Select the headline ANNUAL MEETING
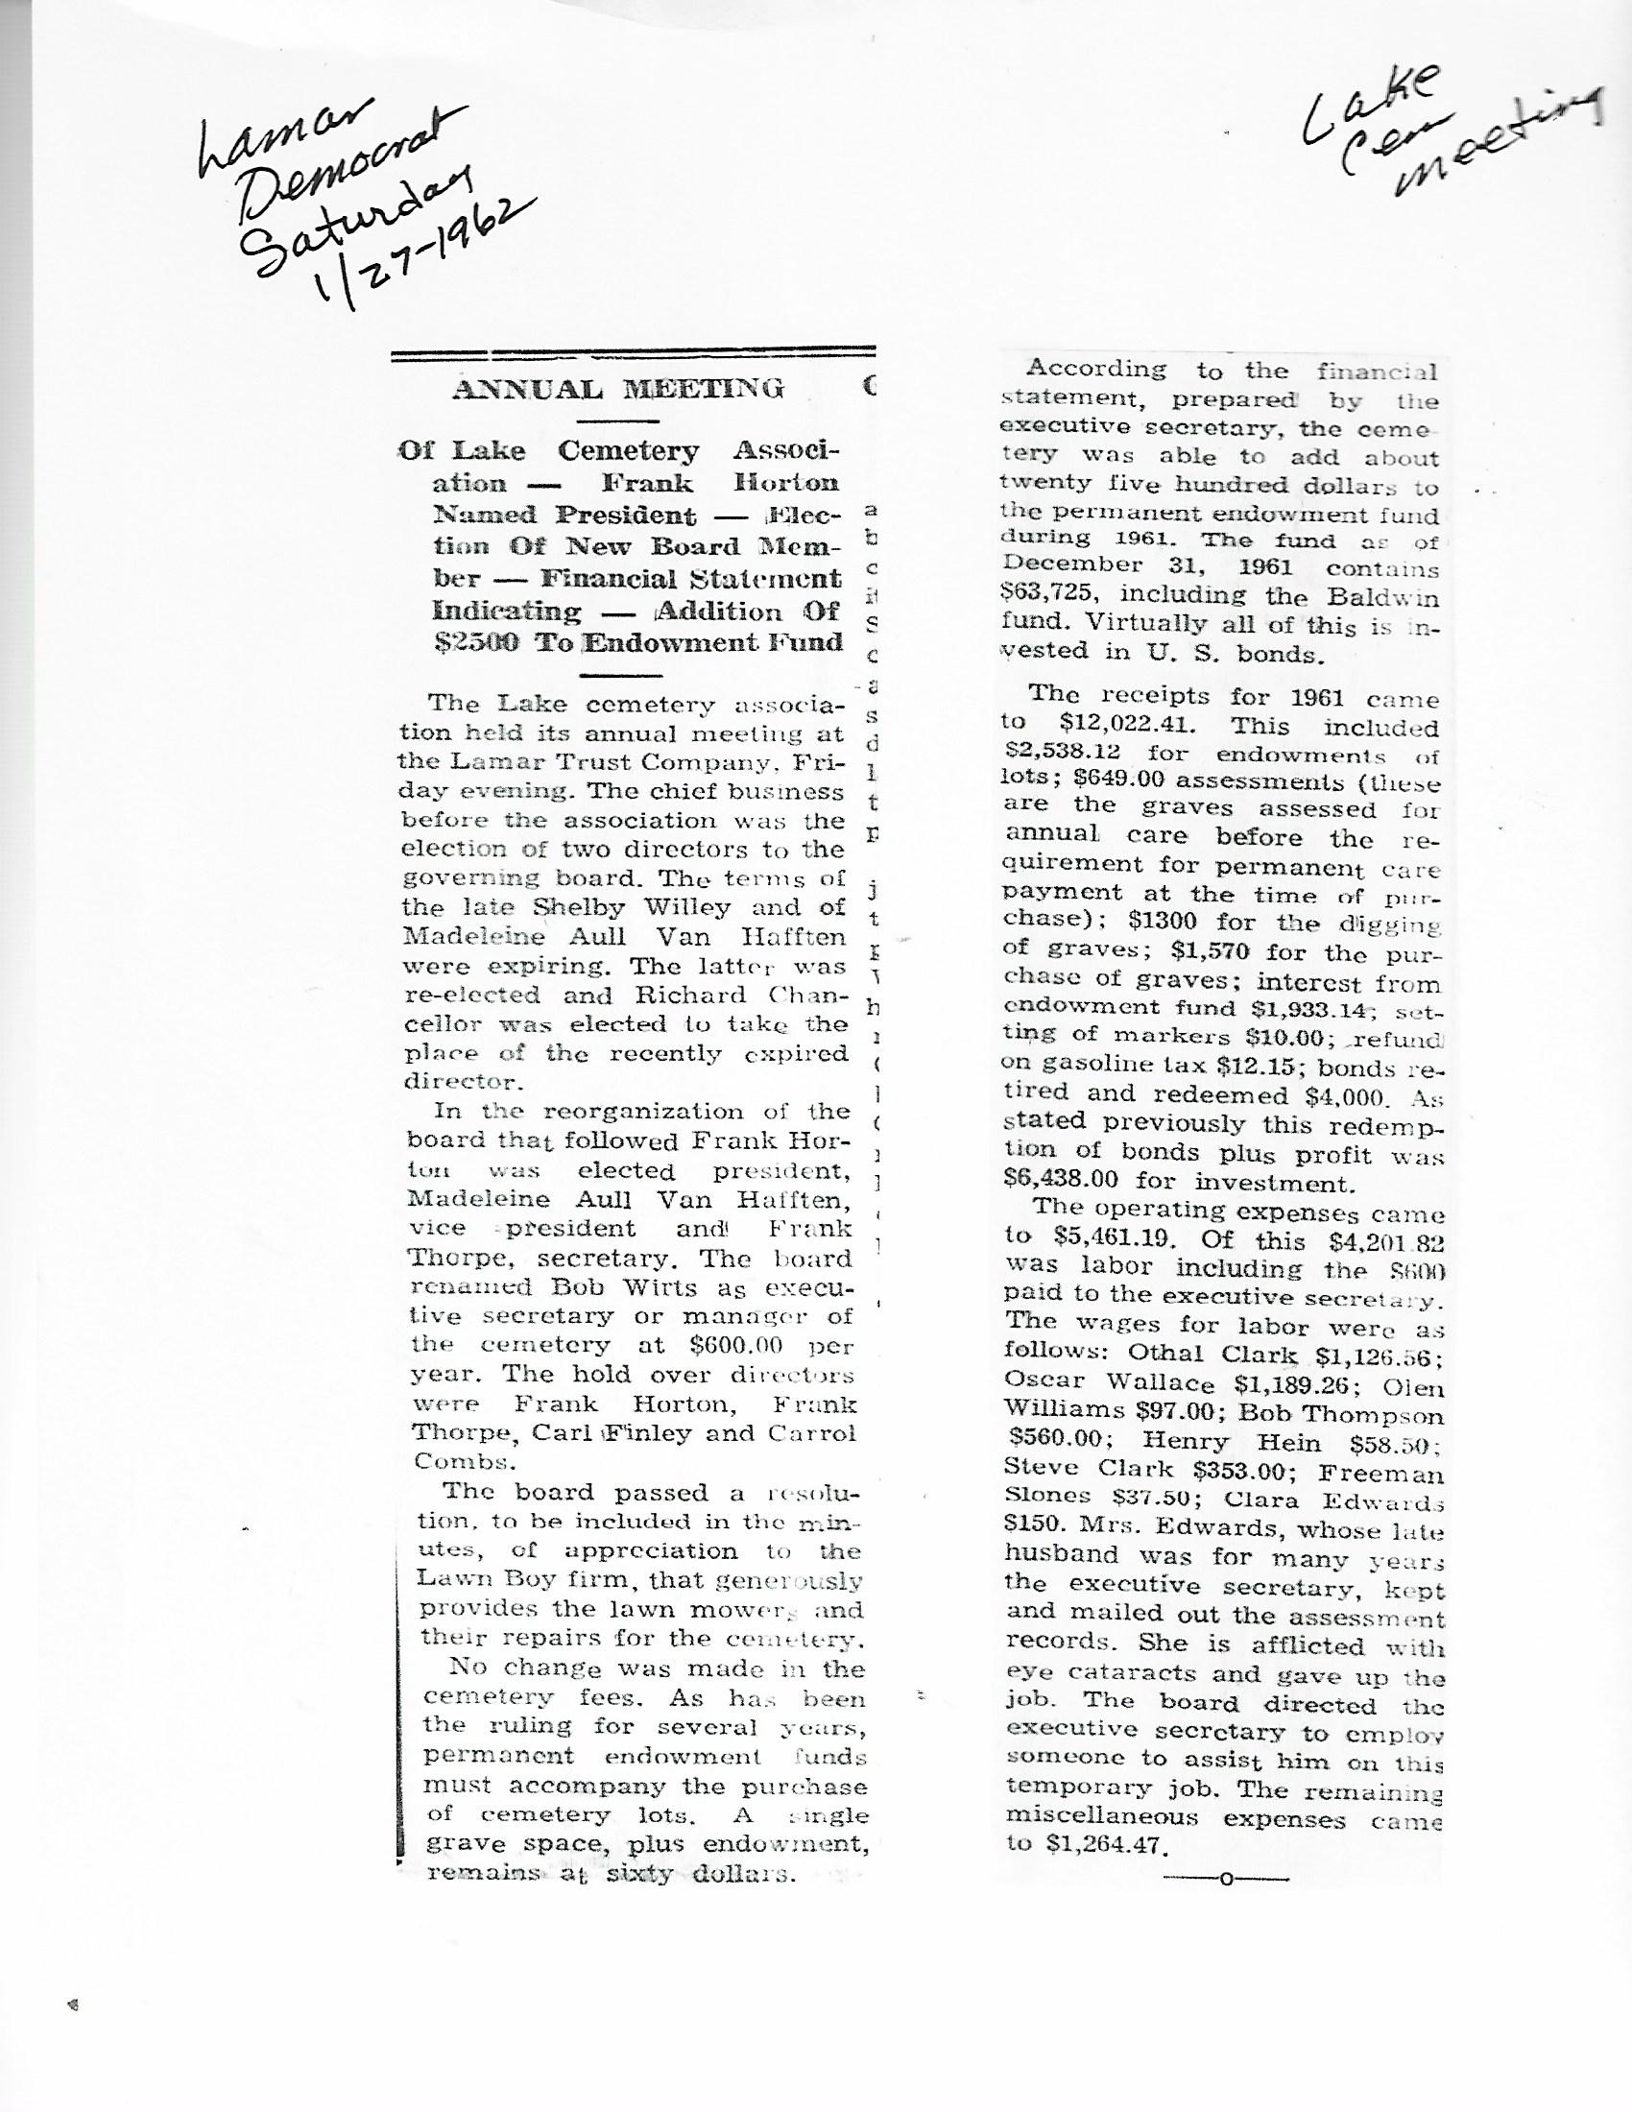618,390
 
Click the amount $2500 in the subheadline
480,642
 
